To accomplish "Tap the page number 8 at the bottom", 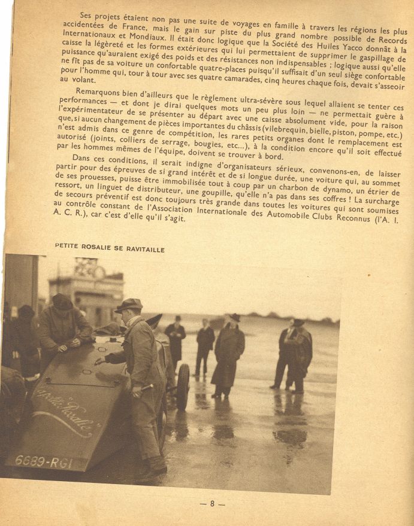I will (x=212, y=503).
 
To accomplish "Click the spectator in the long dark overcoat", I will (x=229, y=356).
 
